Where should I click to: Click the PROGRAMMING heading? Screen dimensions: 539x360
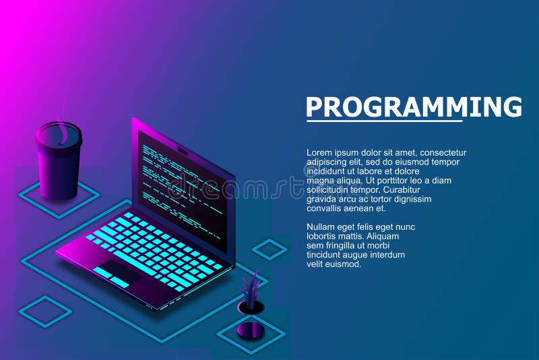pyautogui.click(x=414, y=107)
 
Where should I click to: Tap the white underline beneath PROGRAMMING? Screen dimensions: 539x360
pyautogui.click(x=384, y=121)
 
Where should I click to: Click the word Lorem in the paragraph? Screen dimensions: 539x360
pyautogui.click(x=319, y=152)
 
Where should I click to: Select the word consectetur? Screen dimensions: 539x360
pyautogui.click(x=443, y=152)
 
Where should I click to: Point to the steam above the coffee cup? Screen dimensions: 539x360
pyautogui.click(x=61, y=125)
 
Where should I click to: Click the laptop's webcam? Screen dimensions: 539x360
pyautogui.click(x=183, y=150)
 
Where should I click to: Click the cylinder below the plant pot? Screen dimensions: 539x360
pyautogui.click(x=251, y=330)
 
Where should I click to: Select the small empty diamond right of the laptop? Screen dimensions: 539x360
pyautogui.click(x=270, y=249)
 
